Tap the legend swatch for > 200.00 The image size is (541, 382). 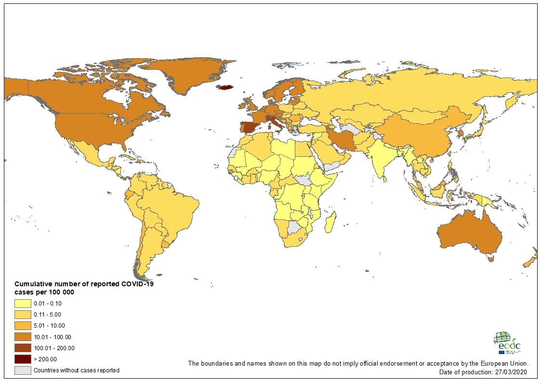click(23, 359)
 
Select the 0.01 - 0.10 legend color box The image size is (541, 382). click(23, 304)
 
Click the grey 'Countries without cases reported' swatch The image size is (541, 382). click(23, 370)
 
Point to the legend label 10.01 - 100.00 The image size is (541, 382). click(53, 337)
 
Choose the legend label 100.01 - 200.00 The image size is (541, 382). click(54, 348)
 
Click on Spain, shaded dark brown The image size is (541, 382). click(250, 127)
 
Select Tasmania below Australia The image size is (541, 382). click(491, 259)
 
